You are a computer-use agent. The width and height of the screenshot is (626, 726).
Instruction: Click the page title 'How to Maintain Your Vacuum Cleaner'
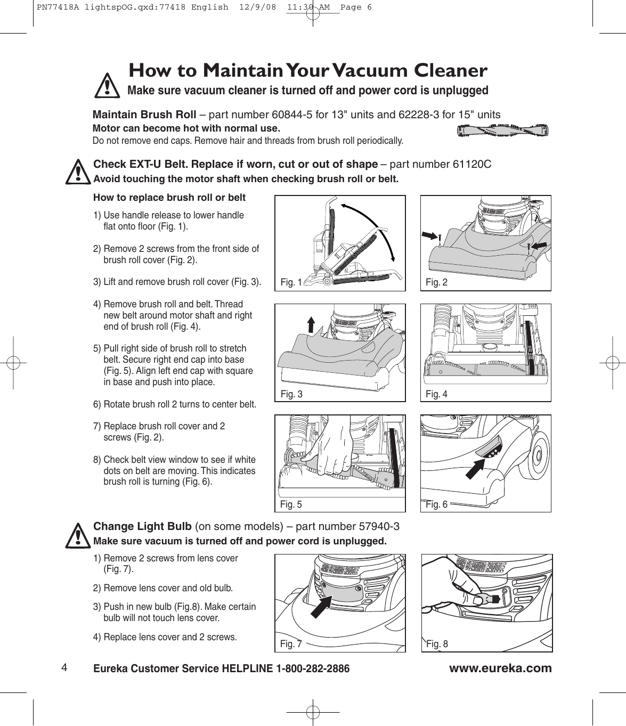(308, 70)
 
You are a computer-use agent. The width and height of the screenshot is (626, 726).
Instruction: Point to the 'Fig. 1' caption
(291, 282)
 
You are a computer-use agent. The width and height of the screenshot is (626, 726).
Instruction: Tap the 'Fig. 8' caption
(437, 644)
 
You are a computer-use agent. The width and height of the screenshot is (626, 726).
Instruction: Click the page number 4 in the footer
(63, 667)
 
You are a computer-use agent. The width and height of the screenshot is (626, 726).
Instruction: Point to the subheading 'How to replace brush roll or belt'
(169, 198)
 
